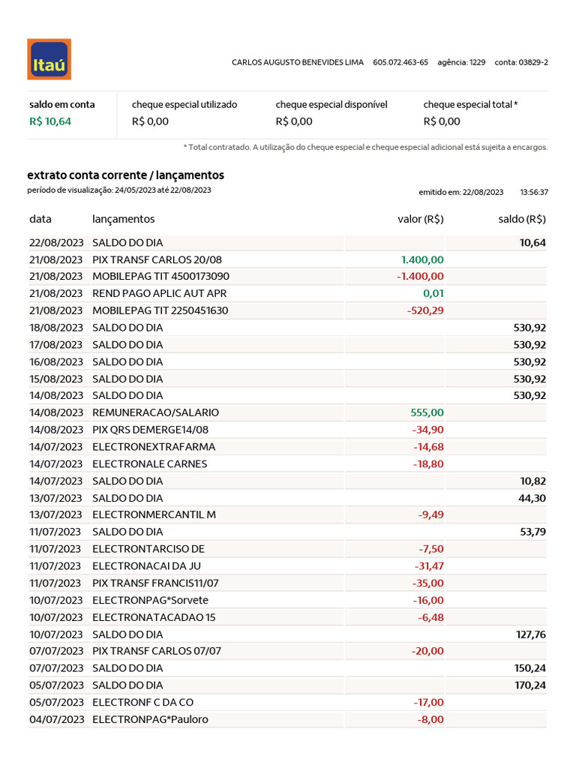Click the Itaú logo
[x=49, y=59]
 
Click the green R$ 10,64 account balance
[x=50, y=121]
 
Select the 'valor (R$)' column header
[x=420, y=219]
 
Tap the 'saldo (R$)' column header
[x=522, y=219]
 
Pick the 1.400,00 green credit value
[x=422, y=259]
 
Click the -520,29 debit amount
[x=425, y=310]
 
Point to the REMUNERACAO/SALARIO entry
[x=155, y=412]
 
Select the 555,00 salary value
[x=427, y=412]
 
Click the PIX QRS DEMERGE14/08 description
[x=150, y=430]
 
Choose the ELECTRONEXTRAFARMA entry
[x=154, y=447]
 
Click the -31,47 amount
[x=429, y=566]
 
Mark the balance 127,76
[x=531, y=634]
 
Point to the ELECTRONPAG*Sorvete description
[x=150, y=600]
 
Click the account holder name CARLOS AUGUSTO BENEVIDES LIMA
[x=298, y=62]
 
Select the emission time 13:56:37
[x=534, y=193]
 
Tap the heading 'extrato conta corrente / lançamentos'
[x=125, y=175]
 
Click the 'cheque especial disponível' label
[x=331, y=105]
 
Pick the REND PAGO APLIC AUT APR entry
[x=159, y=293]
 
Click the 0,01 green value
[x=433, y=293]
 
